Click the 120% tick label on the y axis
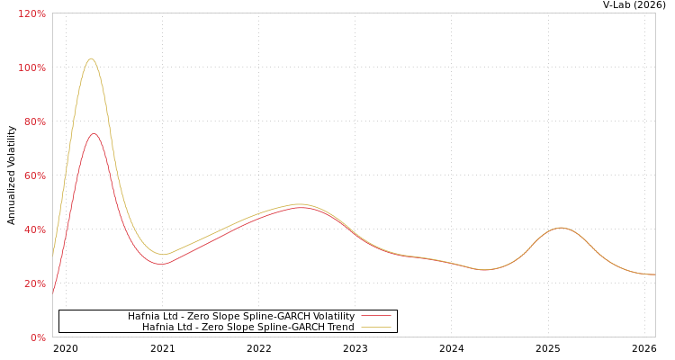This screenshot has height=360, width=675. click(x=31, y=13)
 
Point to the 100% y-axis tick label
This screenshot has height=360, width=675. click(x=31, y=67)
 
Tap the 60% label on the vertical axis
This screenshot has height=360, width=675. click(x=34, y=175)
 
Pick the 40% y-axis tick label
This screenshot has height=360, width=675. click(x=34, y=229)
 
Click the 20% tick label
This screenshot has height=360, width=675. click(x=34, y=283)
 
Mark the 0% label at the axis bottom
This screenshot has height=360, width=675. click(x=37, y=337)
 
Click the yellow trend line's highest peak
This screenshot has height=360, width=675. click(x=91, y=58)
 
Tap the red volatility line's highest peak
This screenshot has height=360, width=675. click(x=93, y=133)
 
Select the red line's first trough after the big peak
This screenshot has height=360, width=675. click(x=161, y=264)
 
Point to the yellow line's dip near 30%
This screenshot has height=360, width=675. click(x=162, y=254)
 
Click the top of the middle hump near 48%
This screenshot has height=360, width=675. click(x=299, y=206)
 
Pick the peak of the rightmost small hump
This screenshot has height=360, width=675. click(x=561, y=228)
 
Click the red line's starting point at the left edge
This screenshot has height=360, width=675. click(x=53, y=292)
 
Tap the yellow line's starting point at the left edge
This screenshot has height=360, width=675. click(x=53, y=248)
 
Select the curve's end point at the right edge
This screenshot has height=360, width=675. click(x=654, y=274)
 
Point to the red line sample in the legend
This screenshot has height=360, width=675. click(x=375, y=317)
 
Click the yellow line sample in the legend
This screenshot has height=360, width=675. click(x=375, y=328)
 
